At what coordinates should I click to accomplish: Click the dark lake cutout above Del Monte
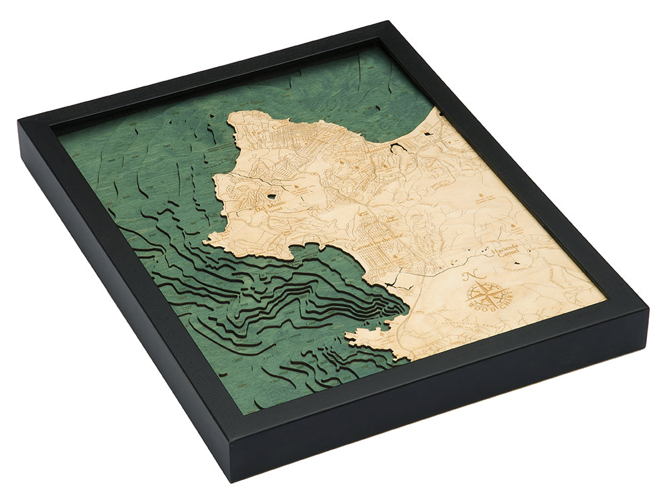(271, 195)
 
